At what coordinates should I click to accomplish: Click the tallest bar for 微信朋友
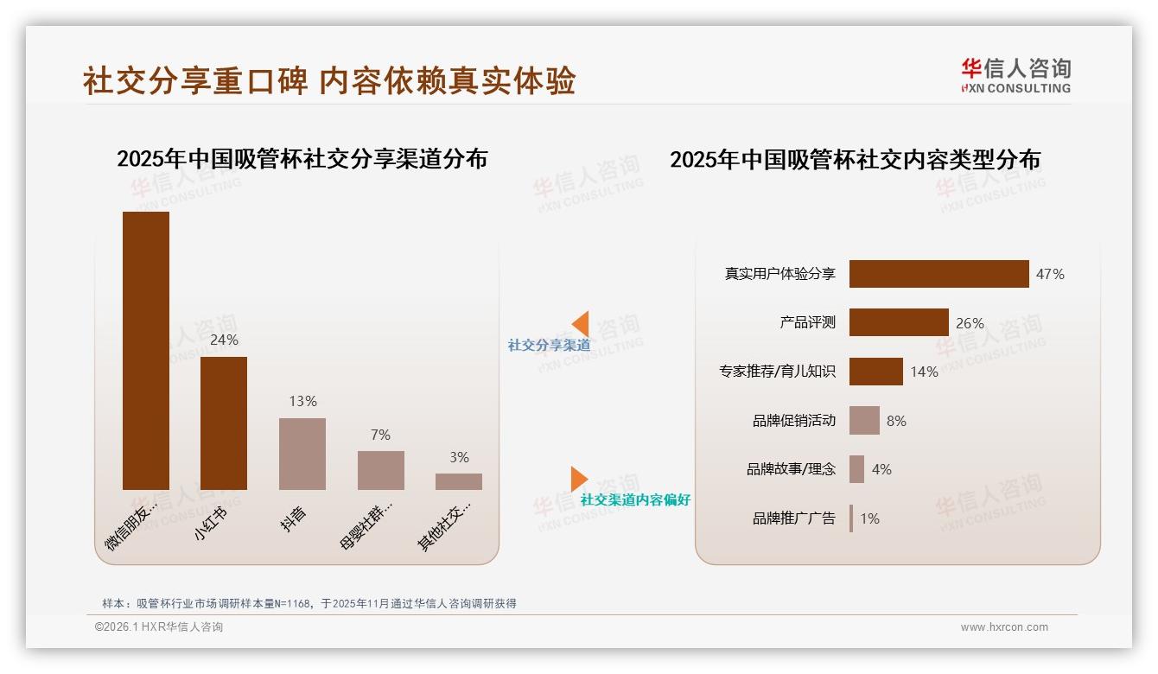tap(146, 350)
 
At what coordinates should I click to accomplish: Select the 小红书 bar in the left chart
tap(224, 423)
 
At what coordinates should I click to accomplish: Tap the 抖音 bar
tap(302, 454)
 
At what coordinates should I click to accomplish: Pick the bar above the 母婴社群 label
tap(381, 470)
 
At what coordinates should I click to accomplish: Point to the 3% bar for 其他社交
tap(459, 481)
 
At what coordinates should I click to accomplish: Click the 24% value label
tap(224, 340)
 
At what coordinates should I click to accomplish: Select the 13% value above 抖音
tap(302, 401)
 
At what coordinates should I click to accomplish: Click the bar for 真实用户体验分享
tap(938, 274)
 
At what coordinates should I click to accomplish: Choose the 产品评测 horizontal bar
tap(899, 322)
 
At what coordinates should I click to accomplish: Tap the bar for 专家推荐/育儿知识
tap(875, 372)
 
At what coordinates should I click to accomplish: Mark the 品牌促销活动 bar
tap(864, 421)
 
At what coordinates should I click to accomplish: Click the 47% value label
tap(1050, 274)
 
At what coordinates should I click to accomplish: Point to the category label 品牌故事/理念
tap(791, 469)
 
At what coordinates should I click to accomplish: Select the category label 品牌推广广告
tap(793, 518)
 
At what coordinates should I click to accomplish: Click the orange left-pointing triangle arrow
tap(581, 324)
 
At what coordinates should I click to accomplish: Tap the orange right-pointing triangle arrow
tap(578, 479)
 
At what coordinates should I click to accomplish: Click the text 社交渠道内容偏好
tap(635, 499)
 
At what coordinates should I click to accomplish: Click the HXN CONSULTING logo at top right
tap(1015, 76)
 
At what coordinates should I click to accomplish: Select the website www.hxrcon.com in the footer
tap(1004, 627)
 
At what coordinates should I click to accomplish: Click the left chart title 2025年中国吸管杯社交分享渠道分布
tap(302, 159)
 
